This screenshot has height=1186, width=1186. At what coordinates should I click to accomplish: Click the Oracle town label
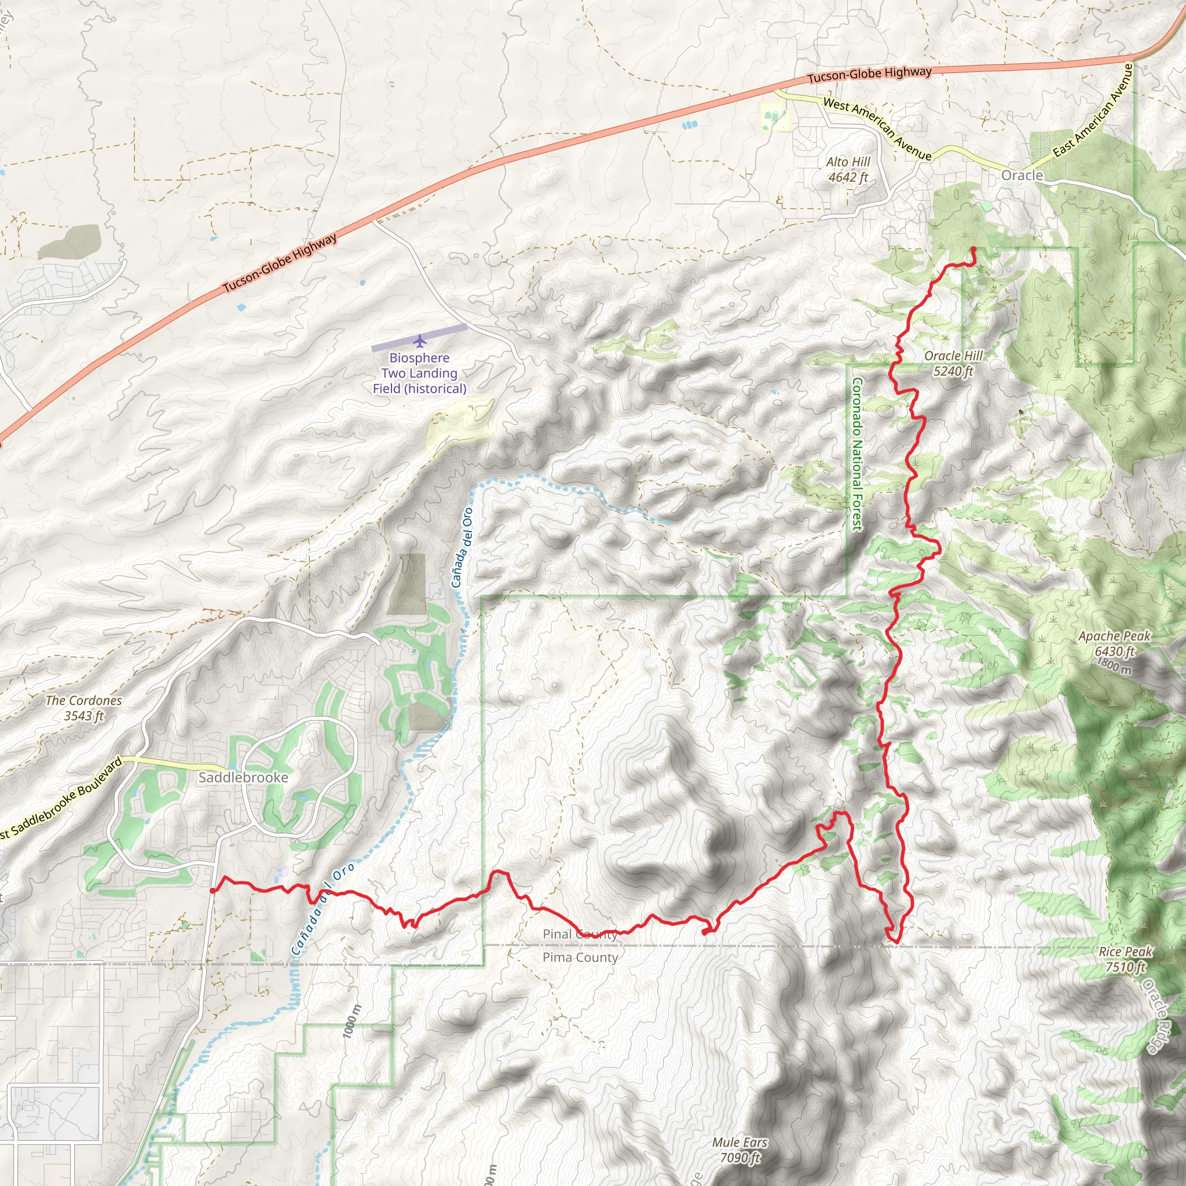[x=1022, y=175]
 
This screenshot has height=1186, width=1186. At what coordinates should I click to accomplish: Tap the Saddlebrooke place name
[x=243, y=778]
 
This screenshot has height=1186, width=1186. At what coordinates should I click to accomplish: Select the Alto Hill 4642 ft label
[x=848, y=170]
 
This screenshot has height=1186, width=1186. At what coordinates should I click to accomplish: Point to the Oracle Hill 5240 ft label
[x=953, y=364]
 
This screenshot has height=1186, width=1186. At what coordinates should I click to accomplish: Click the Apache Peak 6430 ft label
[x=1114, y=643]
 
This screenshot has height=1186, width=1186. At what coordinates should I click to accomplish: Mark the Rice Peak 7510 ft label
[x=1125, y=960]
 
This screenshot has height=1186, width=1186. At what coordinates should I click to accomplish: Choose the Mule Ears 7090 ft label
[x=740, y=1150]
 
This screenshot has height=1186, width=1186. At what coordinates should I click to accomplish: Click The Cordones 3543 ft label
[x=83, y=708]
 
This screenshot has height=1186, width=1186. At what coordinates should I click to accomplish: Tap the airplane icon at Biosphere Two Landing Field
[x=419, y=341]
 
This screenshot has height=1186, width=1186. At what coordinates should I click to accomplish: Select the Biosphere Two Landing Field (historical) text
[x=419, y=374]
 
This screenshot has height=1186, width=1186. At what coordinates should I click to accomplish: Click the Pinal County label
[x=580, y=934]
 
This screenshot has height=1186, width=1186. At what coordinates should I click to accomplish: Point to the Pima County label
[x=580, y=958]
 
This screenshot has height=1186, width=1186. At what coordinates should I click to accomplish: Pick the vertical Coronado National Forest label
[x=857, y=454]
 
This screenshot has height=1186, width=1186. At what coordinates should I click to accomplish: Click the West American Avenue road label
[x=877, y=129]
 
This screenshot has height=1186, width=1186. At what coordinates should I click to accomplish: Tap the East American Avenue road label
[x=1093, y=111]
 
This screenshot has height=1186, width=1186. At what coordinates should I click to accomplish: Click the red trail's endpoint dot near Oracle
[x=973, y=248]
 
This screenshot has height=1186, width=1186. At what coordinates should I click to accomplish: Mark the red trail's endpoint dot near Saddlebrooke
[x=213, y=891]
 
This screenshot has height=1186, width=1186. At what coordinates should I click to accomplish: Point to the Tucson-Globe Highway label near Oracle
[x=869, y=75]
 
